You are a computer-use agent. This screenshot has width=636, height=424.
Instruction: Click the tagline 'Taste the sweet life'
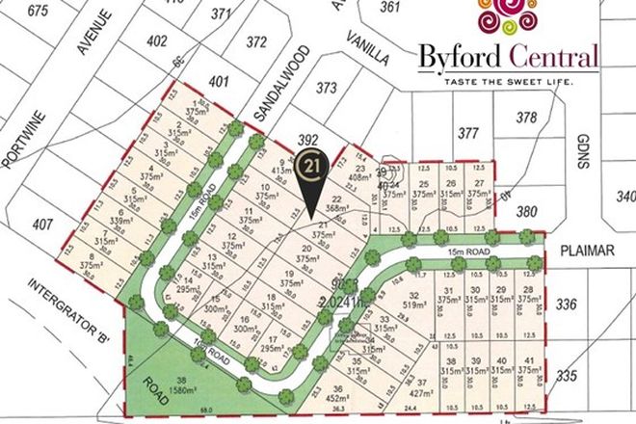510,82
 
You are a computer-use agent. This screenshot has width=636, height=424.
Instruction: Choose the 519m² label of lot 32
416,304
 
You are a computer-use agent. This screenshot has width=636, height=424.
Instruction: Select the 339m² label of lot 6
120,221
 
